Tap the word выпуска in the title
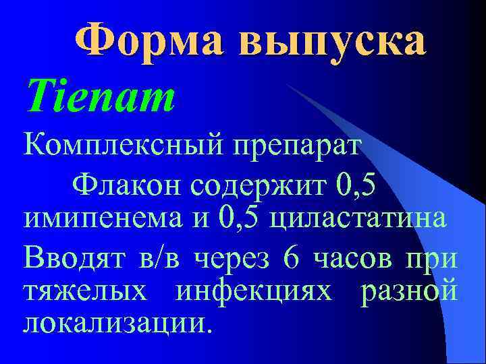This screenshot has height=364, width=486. click(x=332, y=42)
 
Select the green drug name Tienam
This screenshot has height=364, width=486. click(x=99, y=97)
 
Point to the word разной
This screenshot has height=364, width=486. click(x=410, y=294)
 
